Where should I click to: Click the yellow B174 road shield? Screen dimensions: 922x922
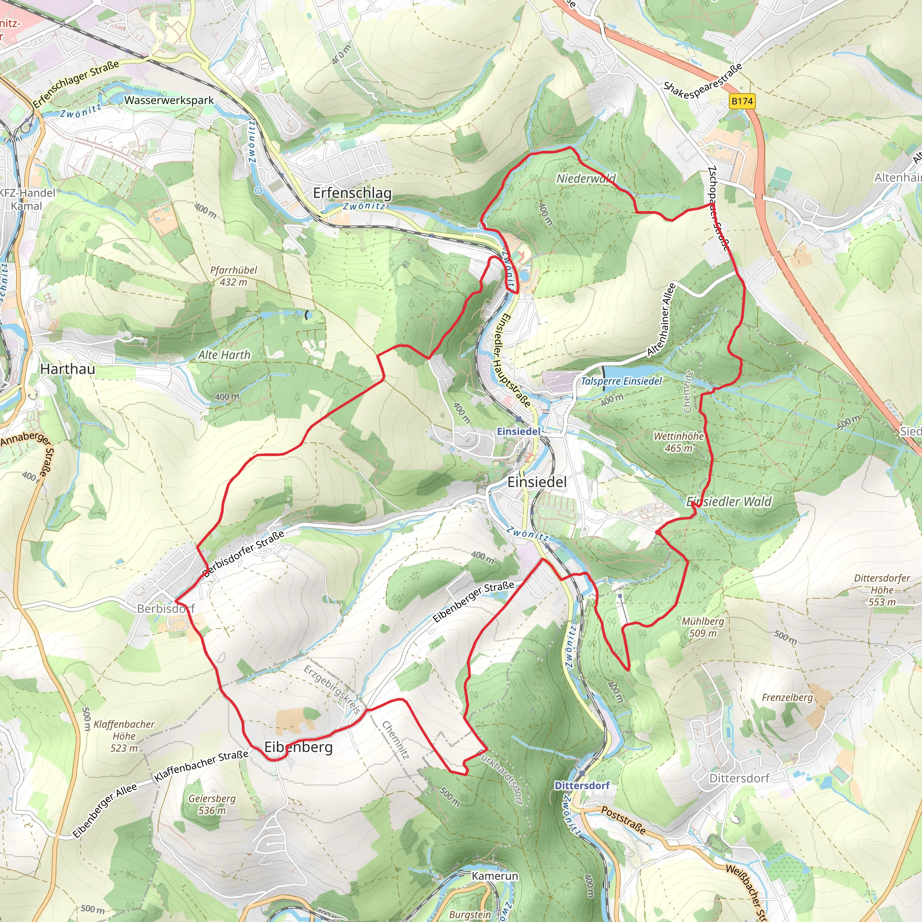(742, 101)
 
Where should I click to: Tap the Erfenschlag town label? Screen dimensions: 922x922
(352, 193)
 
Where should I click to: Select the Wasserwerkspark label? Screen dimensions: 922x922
(169, 100)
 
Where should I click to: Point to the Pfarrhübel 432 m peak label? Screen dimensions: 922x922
(233, 276)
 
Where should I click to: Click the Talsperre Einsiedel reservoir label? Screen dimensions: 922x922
(621, 381)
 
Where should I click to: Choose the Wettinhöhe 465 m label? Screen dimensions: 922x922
(678, 442)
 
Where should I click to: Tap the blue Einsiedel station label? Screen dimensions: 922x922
(518, 431)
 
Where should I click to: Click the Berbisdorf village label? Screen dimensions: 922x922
(166, 609)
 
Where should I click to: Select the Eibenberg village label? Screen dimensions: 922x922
(298, 747)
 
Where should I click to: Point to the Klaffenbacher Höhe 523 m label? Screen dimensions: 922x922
(124, 736)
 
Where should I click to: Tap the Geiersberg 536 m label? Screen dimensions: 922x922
(212, 804)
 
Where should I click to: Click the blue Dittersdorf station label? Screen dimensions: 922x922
(582, 785)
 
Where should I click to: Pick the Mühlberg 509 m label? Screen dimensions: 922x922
(702, 627)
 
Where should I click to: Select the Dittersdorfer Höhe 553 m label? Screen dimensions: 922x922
(882, 590)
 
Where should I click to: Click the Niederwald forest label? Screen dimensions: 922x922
(586, 178)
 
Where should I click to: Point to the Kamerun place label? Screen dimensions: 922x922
(494, 876)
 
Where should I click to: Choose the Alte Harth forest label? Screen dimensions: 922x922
(224, 355)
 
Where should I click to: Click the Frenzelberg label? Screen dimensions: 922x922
(787, 697)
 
